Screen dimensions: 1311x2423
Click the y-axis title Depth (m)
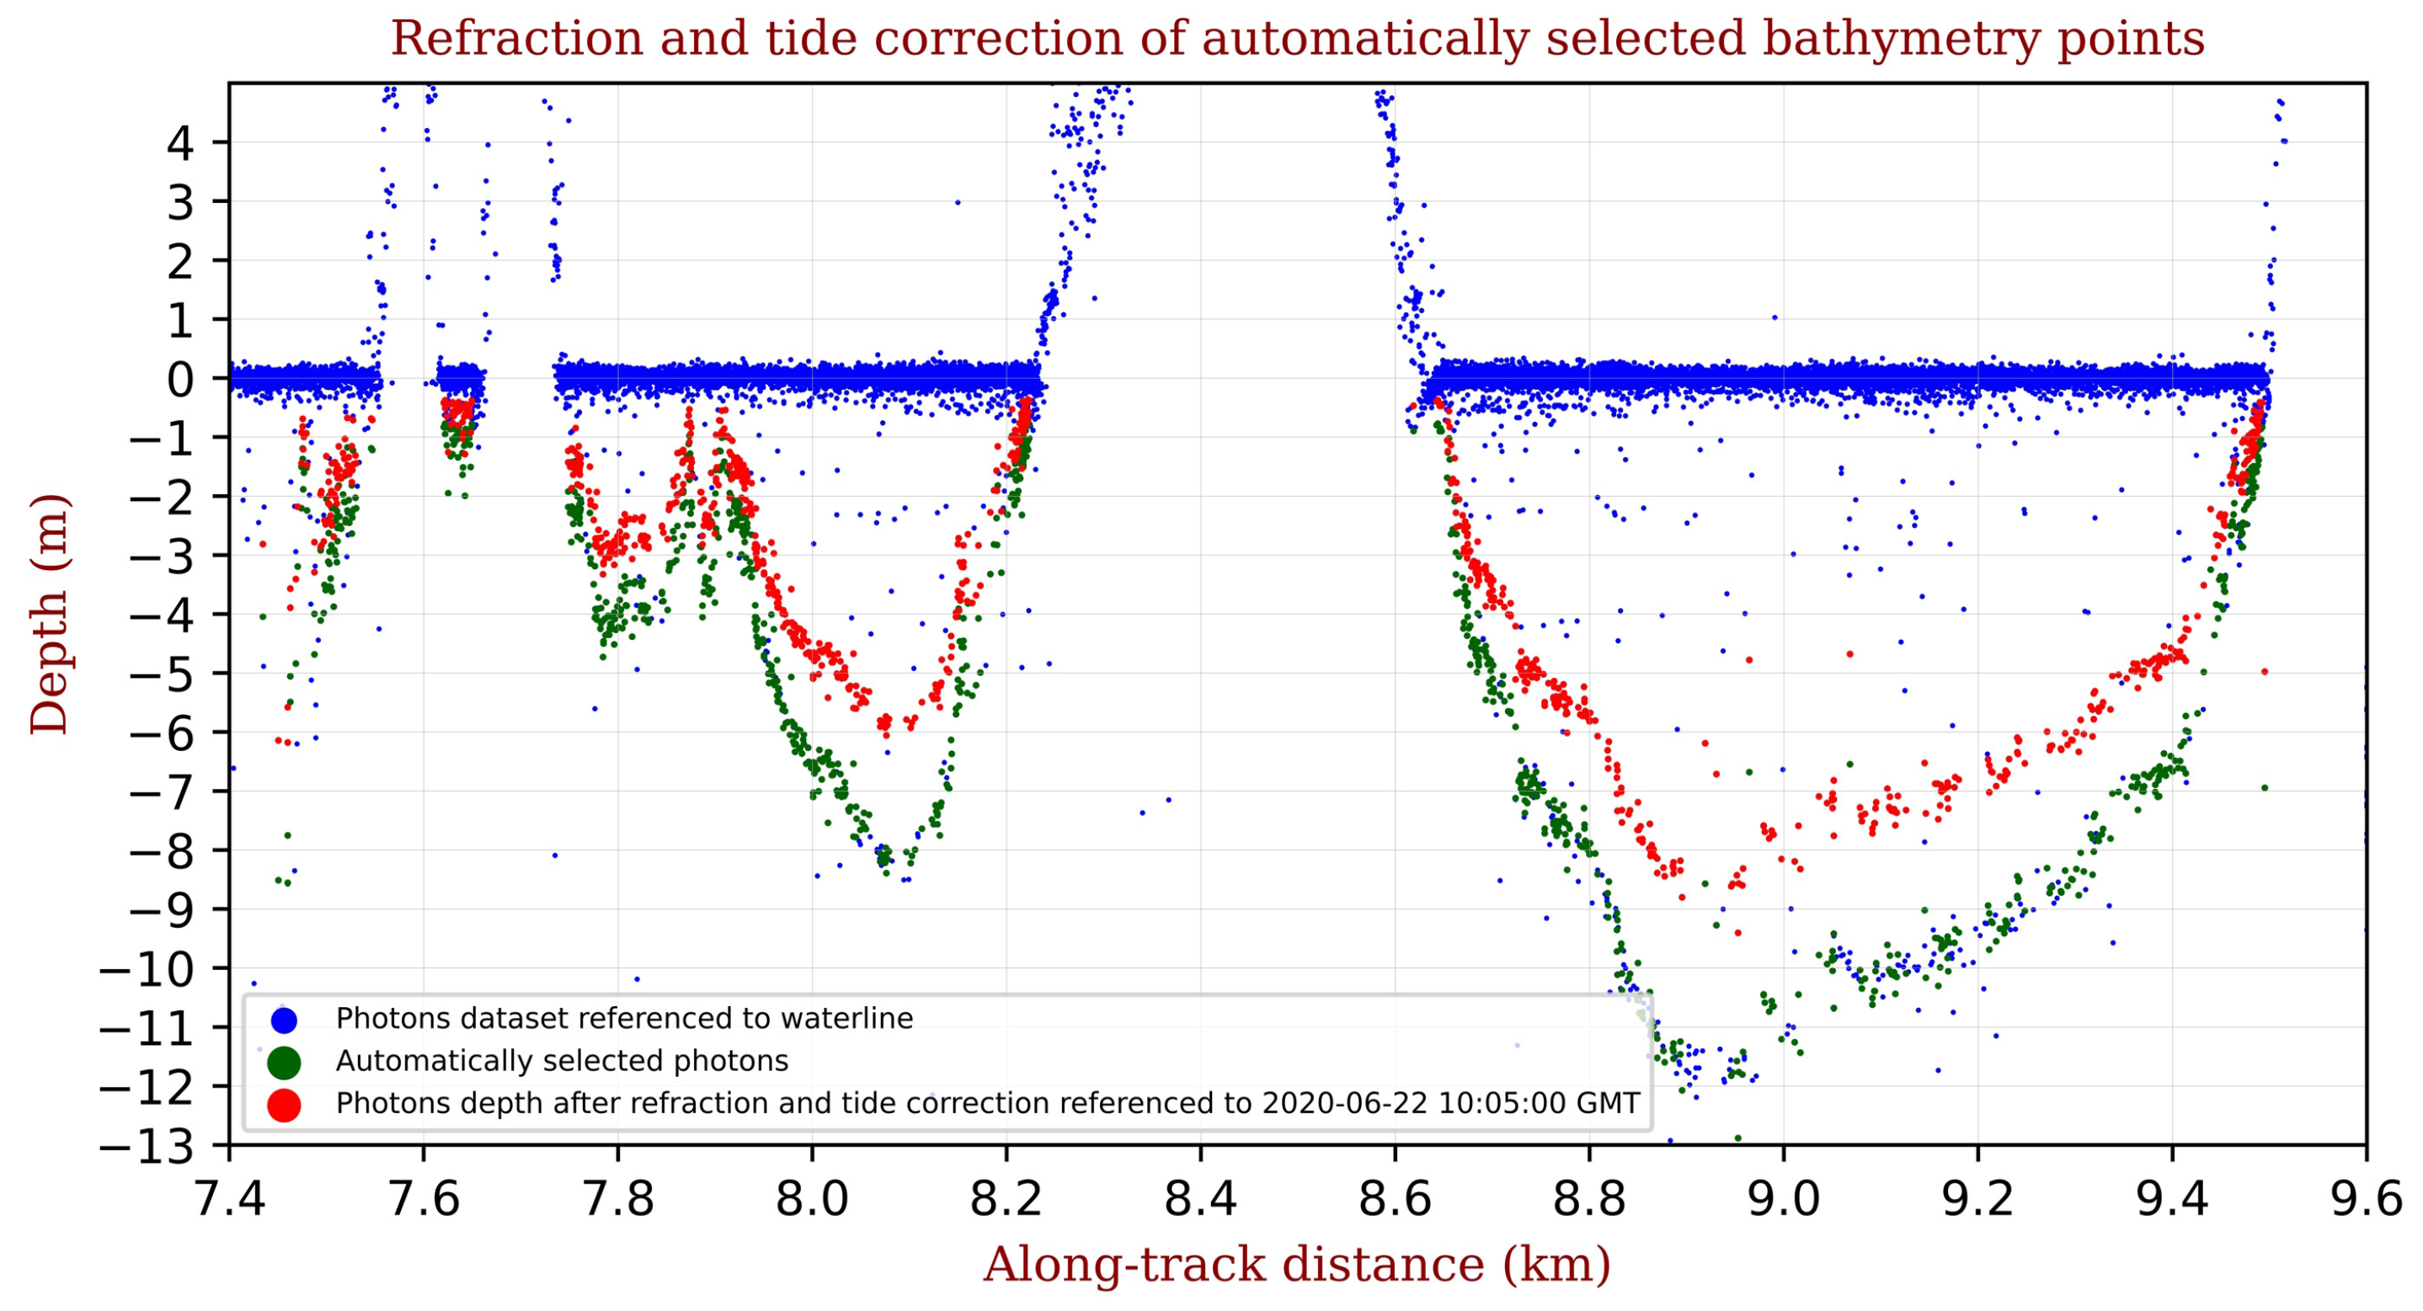point(49,613)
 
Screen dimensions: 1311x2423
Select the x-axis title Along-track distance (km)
point(1297,1264)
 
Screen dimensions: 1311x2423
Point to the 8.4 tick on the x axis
point(1200,1201)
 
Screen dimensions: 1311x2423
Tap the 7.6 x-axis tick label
point(424,1201)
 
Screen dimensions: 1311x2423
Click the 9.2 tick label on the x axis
point(1977,1201)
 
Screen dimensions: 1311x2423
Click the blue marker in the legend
point(283,1020)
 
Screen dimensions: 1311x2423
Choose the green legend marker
point(283,1063)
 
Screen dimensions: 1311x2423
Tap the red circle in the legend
point(283,1105)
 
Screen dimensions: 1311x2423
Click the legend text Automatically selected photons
point(562,1062)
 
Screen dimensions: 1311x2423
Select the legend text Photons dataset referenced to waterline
point(623,1019)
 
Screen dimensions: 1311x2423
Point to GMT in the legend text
point(1610,1103)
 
